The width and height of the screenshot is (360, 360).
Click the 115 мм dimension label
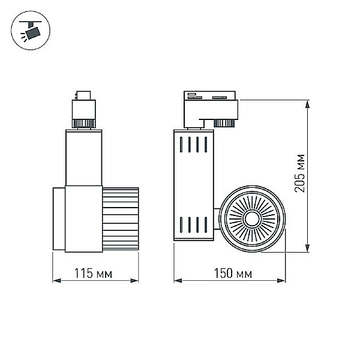tap(93, 273)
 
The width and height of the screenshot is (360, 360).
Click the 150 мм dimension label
tap(233, 273)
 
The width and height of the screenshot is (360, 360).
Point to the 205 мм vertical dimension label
tap(300, 173)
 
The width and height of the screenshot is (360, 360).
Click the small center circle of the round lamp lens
tap(252, 219)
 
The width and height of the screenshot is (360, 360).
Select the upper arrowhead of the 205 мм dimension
tap(307, 104)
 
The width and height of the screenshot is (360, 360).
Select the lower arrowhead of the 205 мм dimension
tap(307, 248)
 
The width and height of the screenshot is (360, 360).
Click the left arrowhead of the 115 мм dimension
tap(57, 281)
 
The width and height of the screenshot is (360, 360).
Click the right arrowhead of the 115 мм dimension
tap(134, 281)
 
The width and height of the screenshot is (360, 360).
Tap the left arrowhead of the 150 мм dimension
tap(178, 281)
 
